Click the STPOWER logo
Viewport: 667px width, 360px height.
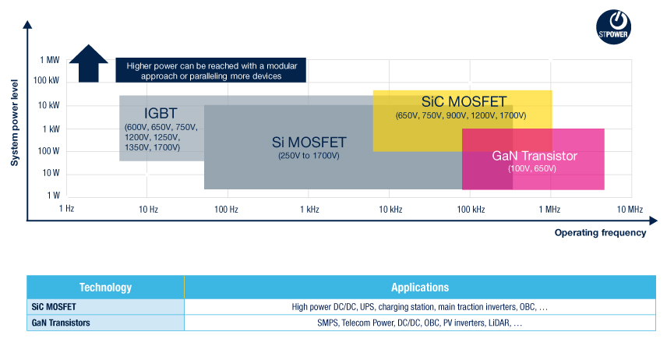point(613,26)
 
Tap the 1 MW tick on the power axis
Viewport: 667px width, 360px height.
point(50,60)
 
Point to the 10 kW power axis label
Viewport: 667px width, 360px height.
point(49,105)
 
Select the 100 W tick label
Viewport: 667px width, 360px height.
point(48,151)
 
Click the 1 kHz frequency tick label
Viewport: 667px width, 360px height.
point(309,210)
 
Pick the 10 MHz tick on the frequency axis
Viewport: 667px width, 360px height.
point(630,210)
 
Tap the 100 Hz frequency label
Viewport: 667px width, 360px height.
point(226,210)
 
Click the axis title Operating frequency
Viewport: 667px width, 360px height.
point(600,233)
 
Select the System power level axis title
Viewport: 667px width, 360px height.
point(15,122)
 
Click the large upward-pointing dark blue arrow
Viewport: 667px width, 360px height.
point(89,63)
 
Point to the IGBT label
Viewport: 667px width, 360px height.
point(161,113)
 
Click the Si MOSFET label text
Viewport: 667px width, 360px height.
point(309,142)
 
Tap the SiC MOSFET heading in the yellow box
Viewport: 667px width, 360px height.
point(464,102)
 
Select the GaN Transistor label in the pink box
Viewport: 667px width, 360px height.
point(535,156)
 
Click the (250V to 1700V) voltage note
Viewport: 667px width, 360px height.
point(309,156)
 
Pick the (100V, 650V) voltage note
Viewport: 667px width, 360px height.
point(532,168)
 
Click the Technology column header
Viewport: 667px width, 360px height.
point(105,288)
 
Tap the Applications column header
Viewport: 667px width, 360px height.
point(420,288)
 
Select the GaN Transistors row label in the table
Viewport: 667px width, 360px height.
point(61,323)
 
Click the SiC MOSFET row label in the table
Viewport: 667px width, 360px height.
point(54,307)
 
